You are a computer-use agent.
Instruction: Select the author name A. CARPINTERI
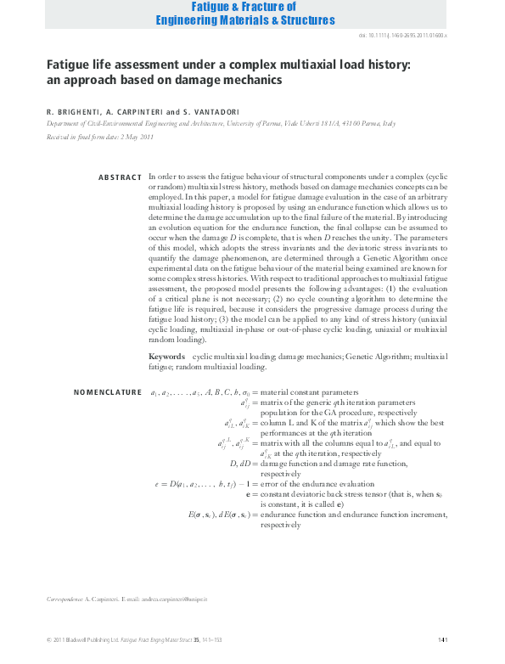click(x=135, y=111)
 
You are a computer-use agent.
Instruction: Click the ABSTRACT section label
click(x=120, y=177)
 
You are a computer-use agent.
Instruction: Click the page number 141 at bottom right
click(x=442, y=639)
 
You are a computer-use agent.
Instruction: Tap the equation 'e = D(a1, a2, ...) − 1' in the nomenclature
click(x=200, y=484)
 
